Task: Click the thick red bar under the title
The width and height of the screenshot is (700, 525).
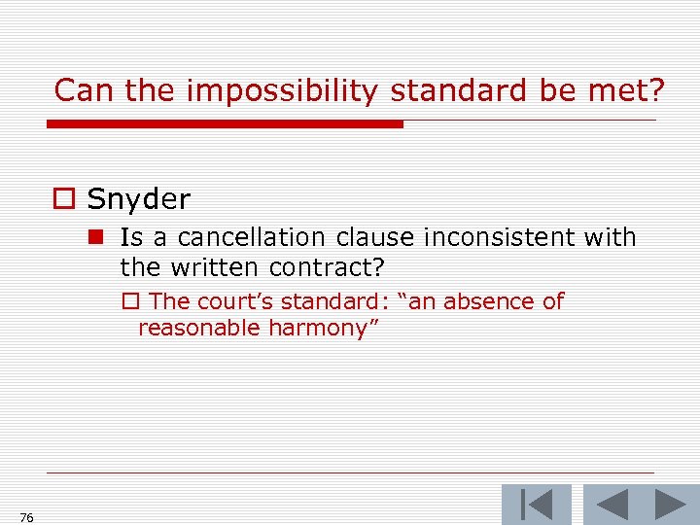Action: point(225,124)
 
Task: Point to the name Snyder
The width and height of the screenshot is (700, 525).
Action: point(139,199)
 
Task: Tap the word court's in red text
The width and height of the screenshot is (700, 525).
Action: point(237,301)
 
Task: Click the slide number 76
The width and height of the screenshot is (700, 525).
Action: point(26,517)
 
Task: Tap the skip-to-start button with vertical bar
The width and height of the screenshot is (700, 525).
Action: point(536,505)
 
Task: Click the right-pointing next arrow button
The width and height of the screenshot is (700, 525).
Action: point(670,505)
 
